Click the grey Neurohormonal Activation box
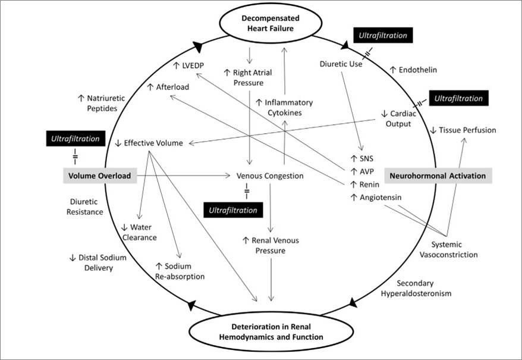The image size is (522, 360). coord(436,176)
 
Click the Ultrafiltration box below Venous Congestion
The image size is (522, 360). coord(232,209)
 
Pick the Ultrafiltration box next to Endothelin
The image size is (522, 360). coord(383,36)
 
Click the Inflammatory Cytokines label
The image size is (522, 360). coord(284,108)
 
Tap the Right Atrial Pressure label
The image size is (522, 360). coord(248,77)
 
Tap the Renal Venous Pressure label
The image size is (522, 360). coord(271,246)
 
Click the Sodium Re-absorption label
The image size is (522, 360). coord(180,271)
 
